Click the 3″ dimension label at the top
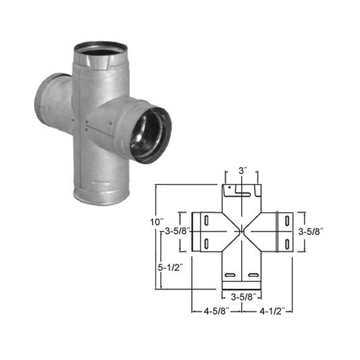pos(242,173)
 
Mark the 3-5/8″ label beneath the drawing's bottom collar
pos(242,295)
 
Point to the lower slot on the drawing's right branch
pos(287,241)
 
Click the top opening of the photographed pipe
pos(101,48)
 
